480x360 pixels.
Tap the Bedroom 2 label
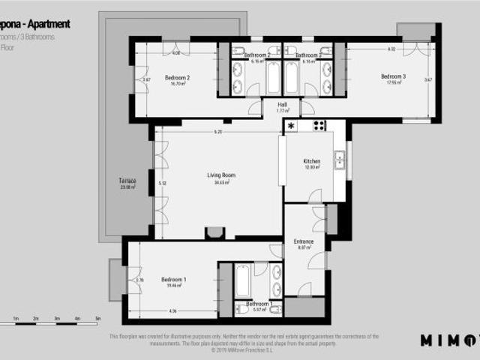click(177, 77)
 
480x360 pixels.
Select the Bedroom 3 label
click(393, 76)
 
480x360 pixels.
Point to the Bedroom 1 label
click(174, 279)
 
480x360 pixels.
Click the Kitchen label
click(312, 161)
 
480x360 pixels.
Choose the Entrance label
click(303, 241)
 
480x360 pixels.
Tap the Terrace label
click(127, 181)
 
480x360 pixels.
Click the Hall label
click(283, 104)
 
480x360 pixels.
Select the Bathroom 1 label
click(259, 304)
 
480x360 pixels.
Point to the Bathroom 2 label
click(257, 55)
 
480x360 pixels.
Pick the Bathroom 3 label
click(307, 55)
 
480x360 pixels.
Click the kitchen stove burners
click(319, 125)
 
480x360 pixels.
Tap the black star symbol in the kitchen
click(291, 125)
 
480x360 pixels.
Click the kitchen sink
click(339, 159)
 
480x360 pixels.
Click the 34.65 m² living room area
click(220, 182)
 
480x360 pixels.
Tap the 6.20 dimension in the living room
click(217, 132)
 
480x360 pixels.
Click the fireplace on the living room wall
click(214, 232)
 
